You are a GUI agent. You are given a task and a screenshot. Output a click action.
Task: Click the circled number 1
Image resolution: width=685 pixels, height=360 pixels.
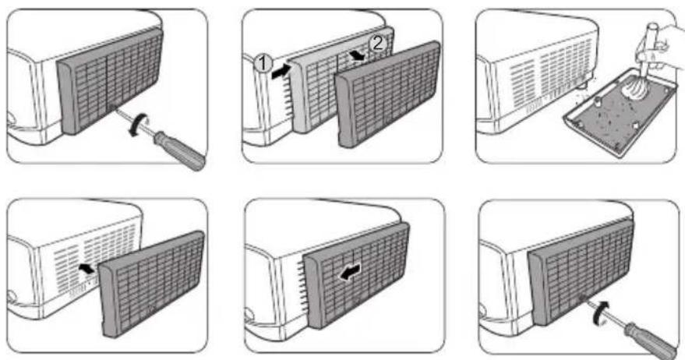tap(263, 63)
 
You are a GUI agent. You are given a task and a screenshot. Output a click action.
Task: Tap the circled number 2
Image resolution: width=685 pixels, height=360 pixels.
tap(377, 44)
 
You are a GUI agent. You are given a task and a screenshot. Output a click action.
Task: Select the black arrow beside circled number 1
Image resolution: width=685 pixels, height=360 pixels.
tap(281, 72)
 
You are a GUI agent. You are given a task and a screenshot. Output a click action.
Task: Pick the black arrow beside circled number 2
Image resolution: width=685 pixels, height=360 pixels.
tap(358, 56)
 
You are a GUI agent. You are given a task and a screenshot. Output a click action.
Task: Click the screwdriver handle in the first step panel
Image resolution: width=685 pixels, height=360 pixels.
tap(180, 150)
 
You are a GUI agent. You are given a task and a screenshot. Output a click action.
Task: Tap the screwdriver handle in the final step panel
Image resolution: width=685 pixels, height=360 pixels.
tap(651, 341)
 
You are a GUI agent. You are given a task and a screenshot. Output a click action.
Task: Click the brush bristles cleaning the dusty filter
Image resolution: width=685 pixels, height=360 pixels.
tap(634, 89)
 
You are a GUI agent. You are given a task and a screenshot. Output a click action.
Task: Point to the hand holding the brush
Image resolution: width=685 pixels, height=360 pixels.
tap(662, 48)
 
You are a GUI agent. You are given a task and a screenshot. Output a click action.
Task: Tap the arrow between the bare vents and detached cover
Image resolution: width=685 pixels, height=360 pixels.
tap(87, 268)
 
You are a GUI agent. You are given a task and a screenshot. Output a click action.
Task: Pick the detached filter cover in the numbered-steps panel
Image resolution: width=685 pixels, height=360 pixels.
tap(389, 94)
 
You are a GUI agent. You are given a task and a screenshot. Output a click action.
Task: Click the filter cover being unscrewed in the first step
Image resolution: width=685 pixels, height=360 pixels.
tap(110, 81)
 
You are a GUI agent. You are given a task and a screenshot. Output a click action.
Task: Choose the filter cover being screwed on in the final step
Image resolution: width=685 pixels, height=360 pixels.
tap(581, 272)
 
